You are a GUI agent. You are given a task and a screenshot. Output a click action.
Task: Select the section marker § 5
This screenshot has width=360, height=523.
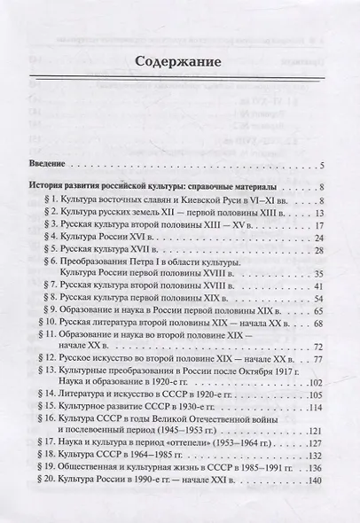pos(57,253)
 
